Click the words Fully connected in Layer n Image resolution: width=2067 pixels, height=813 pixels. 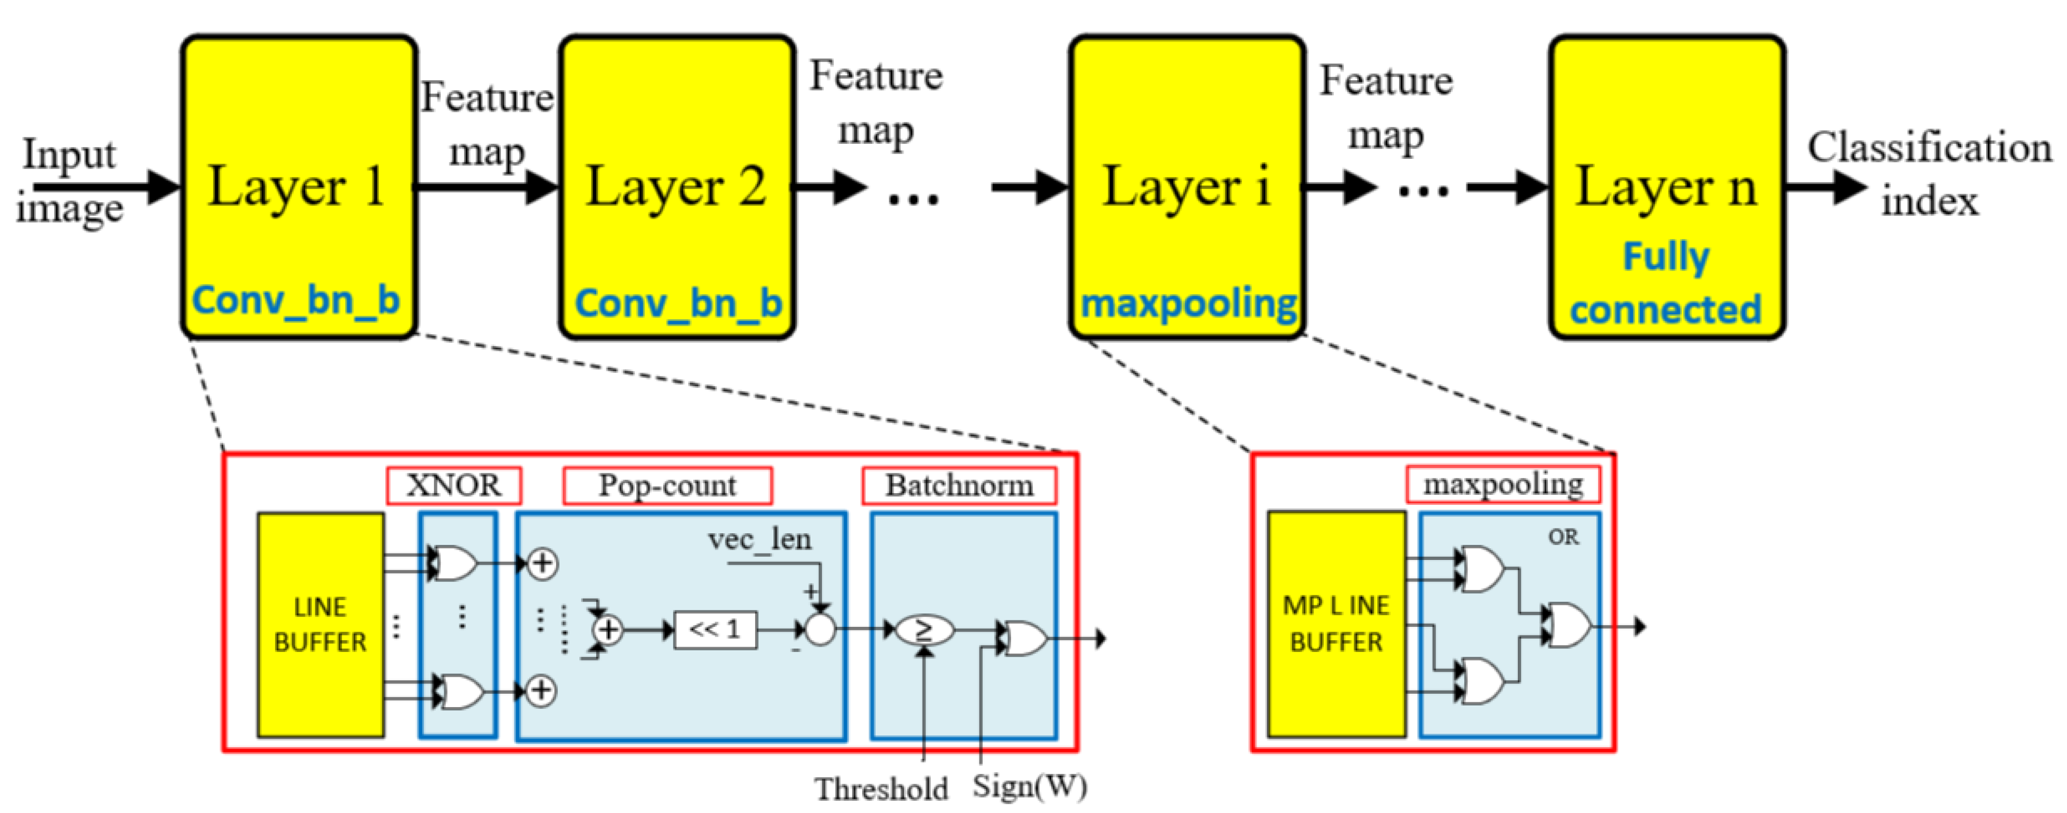1666,282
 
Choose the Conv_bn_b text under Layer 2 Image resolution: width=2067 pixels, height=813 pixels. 678,304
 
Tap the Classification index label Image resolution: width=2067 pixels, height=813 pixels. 1929,173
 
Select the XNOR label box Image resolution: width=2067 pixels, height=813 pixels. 453,485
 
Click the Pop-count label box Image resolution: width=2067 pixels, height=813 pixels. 667,485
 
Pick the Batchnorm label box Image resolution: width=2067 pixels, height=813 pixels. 959,485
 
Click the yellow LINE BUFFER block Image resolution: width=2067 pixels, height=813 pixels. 320,625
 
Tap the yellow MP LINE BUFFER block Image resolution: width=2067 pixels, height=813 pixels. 1336,624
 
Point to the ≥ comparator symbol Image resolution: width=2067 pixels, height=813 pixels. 924,630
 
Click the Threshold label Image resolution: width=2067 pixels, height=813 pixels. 881,789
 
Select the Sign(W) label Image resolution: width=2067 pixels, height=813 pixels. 1030,787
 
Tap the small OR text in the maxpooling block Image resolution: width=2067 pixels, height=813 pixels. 1563,537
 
